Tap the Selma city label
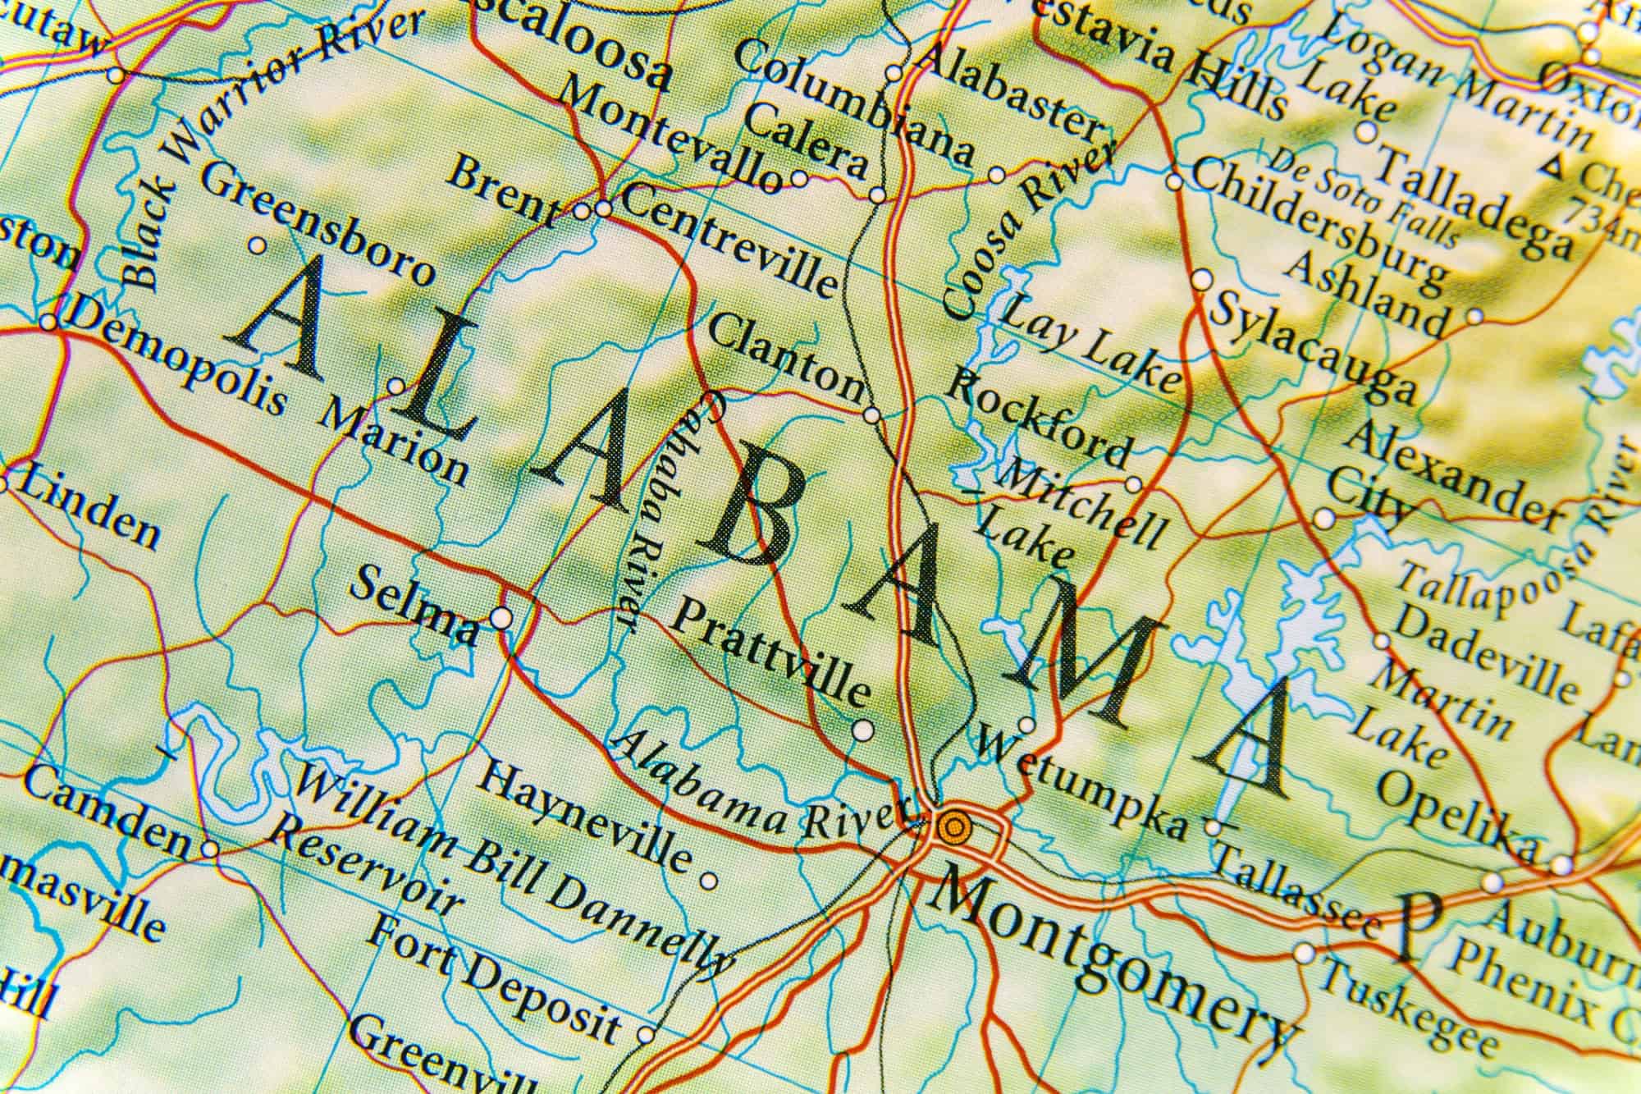(x=413, y=607)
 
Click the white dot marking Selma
(x=501, y=616)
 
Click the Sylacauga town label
(x=1313, y=349)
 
